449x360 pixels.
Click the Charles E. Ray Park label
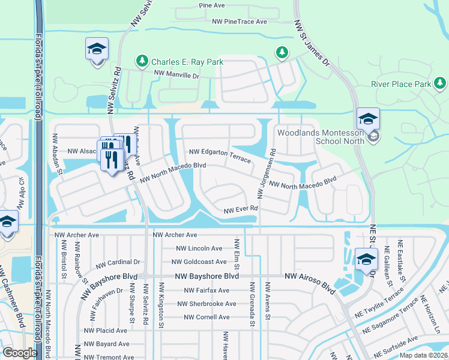click(x=187, y=62)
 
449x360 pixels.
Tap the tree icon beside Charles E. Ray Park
click(x=142, y=61)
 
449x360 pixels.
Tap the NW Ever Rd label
click(x=241, y=210)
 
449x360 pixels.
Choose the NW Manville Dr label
click(x=176, y=75)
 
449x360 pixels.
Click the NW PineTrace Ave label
click(x=240, y=22)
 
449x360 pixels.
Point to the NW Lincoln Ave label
click(x=199, y=248)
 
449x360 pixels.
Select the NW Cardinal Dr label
click(x=118, y=262)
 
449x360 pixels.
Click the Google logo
click(x=20, y=353)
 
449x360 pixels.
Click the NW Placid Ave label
click(x=106, y=331)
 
